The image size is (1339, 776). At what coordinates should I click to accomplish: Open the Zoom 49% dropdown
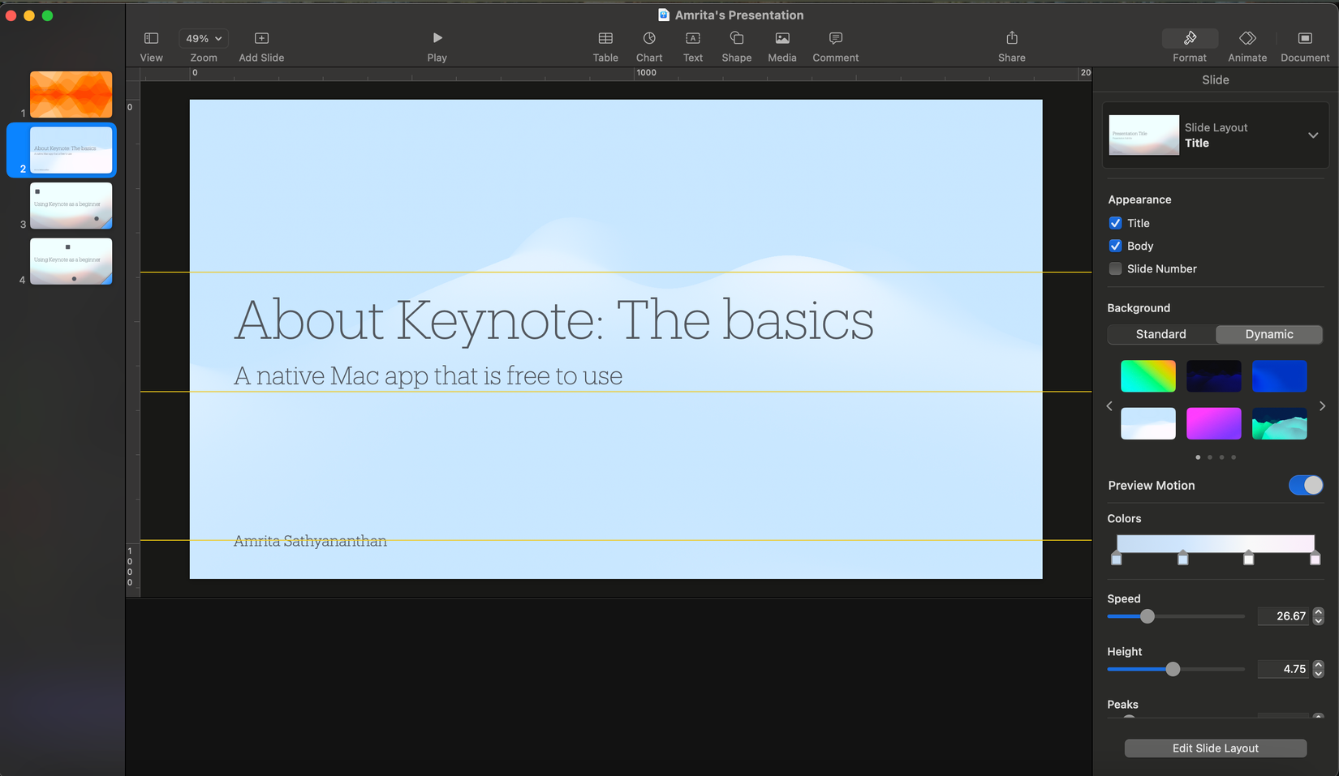(203, 38)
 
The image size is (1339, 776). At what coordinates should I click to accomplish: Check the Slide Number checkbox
(1115, 268)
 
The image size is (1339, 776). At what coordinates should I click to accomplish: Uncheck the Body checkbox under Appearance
(1115, 246)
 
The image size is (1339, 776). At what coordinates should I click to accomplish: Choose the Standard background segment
(1160, 334)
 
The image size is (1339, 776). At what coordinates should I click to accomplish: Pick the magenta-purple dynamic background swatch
(1213, 423)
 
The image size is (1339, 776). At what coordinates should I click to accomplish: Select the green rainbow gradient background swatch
(1147, 376)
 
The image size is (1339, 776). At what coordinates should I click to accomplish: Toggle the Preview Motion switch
(1305, 485)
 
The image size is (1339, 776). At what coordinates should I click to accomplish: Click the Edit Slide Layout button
(1215, 748)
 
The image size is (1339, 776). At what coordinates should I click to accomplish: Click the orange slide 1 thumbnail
(71, 94)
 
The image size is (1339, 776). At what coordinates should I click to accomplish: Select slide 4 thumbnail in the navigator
(71, 260)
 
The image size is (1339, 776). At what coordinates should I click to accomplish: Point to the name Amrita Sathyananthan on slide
(310, 541)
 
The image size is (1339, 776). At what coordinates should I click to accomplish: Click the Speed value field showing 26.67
(1282, 616)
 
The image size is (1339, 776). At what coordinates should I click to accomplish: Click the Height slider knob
(1173, 669)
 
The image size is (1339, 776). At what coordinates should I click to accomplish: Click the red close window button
(11, 15)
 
